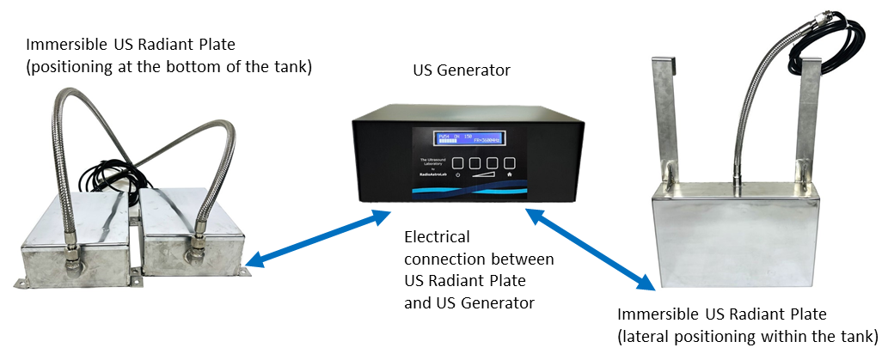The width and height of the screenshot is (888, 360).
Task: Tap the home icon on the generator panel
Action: pyautogui.click(x=510, y=175)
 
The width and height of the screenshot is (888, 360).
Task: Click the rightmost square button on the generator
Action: pyautogui.click(x=510, y=162)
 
